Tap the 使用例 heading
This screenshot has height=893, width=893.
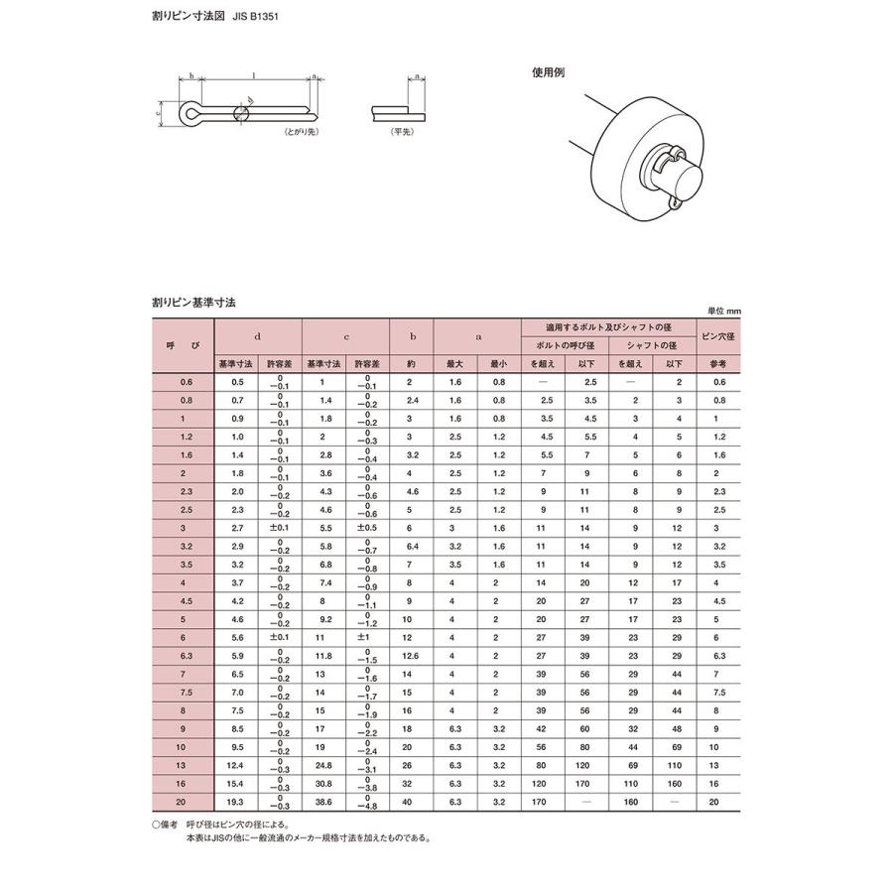(x=548, y=72)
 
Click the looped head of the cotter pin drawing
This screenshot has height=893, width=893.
(x=189, y=113)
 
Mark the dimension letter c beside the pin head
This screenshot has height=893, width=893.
(x=160, y=113)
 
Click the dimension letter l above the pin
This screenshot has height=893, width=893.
(x=255, y=75)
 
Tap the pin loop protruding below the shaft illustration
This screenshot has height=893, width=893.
(x=675, y=203)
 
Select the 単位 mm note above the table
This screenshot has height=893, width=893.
(x=724, y=311)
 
